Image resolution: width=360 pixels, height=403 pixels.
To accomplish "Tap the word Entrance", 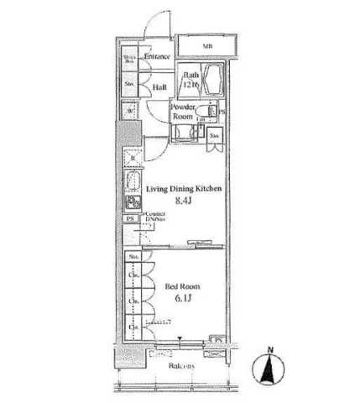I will [157, 57].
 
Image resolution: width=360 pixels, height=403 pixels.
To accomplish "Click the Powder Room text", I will [183, 113].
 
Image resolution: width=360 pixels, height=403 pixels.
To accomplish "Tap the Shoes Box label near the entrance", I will [131, 60].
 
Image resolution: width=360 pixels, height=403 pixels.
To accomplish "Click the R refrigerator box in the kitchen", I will [133, 157].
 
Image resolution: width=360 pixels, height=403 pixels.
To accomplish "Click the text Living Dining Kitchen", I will [185, 190].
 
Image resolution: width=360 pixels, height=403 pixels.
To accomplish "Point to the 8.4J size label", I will [184, 201].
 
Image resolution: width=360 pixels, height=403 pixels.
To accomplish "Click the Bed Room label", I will [181, 285].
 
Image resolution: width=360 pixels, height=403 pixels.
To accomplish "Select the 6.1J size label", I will [181, 299].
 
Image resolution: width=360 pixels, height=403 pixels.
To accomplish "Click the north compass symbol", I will [268, 368].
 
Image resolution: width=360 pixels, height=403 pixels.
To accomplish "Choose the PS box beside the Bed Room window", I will [217, 339].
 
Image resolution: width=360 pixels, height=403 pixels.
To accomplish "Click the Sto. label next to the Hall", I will [130, 84].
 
